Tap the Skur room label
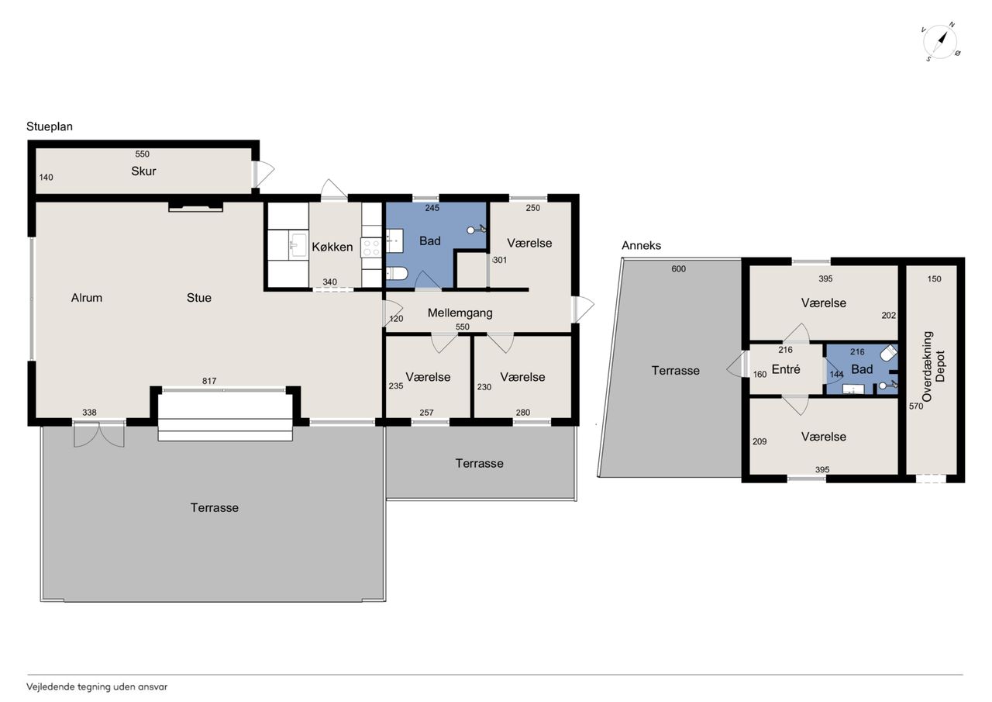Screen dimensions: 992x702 pos(143,171)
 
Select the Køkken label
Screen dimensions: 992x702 pos(332,247)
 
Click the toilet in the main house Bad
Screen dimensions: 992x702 pos(397,274)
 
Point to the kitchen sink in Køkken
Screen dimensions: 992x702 pos(298,246)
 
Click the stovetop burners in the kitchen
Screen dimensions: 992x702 pos(371,247)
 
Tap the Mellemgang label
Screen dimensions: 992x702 pos(460,313)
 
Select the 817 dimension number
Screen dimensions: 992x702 pos(209,381)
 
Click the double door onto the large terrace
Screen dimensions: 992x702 pos(98,434)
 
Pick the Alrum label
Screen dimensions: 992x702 pos(86,297)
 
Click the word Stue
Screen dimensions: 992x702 pos(199,297)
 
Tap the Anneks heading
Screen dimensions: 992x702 pos(641,246)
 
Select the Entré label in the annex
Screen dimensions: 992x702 pos(786,369)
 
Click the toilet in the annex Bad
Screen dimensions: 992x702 pos(888,353)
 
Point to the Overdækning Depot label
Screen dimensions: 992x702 pos(933,366)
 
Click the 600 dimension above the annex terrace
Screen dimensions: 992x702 pos(678,268)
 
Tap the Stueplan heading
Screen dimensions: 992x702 pos(50,126)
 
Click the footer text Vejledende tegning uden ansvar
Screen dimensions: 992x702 pos(97,687)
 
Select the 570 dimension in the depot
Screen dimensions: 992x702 pos(916,406)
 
